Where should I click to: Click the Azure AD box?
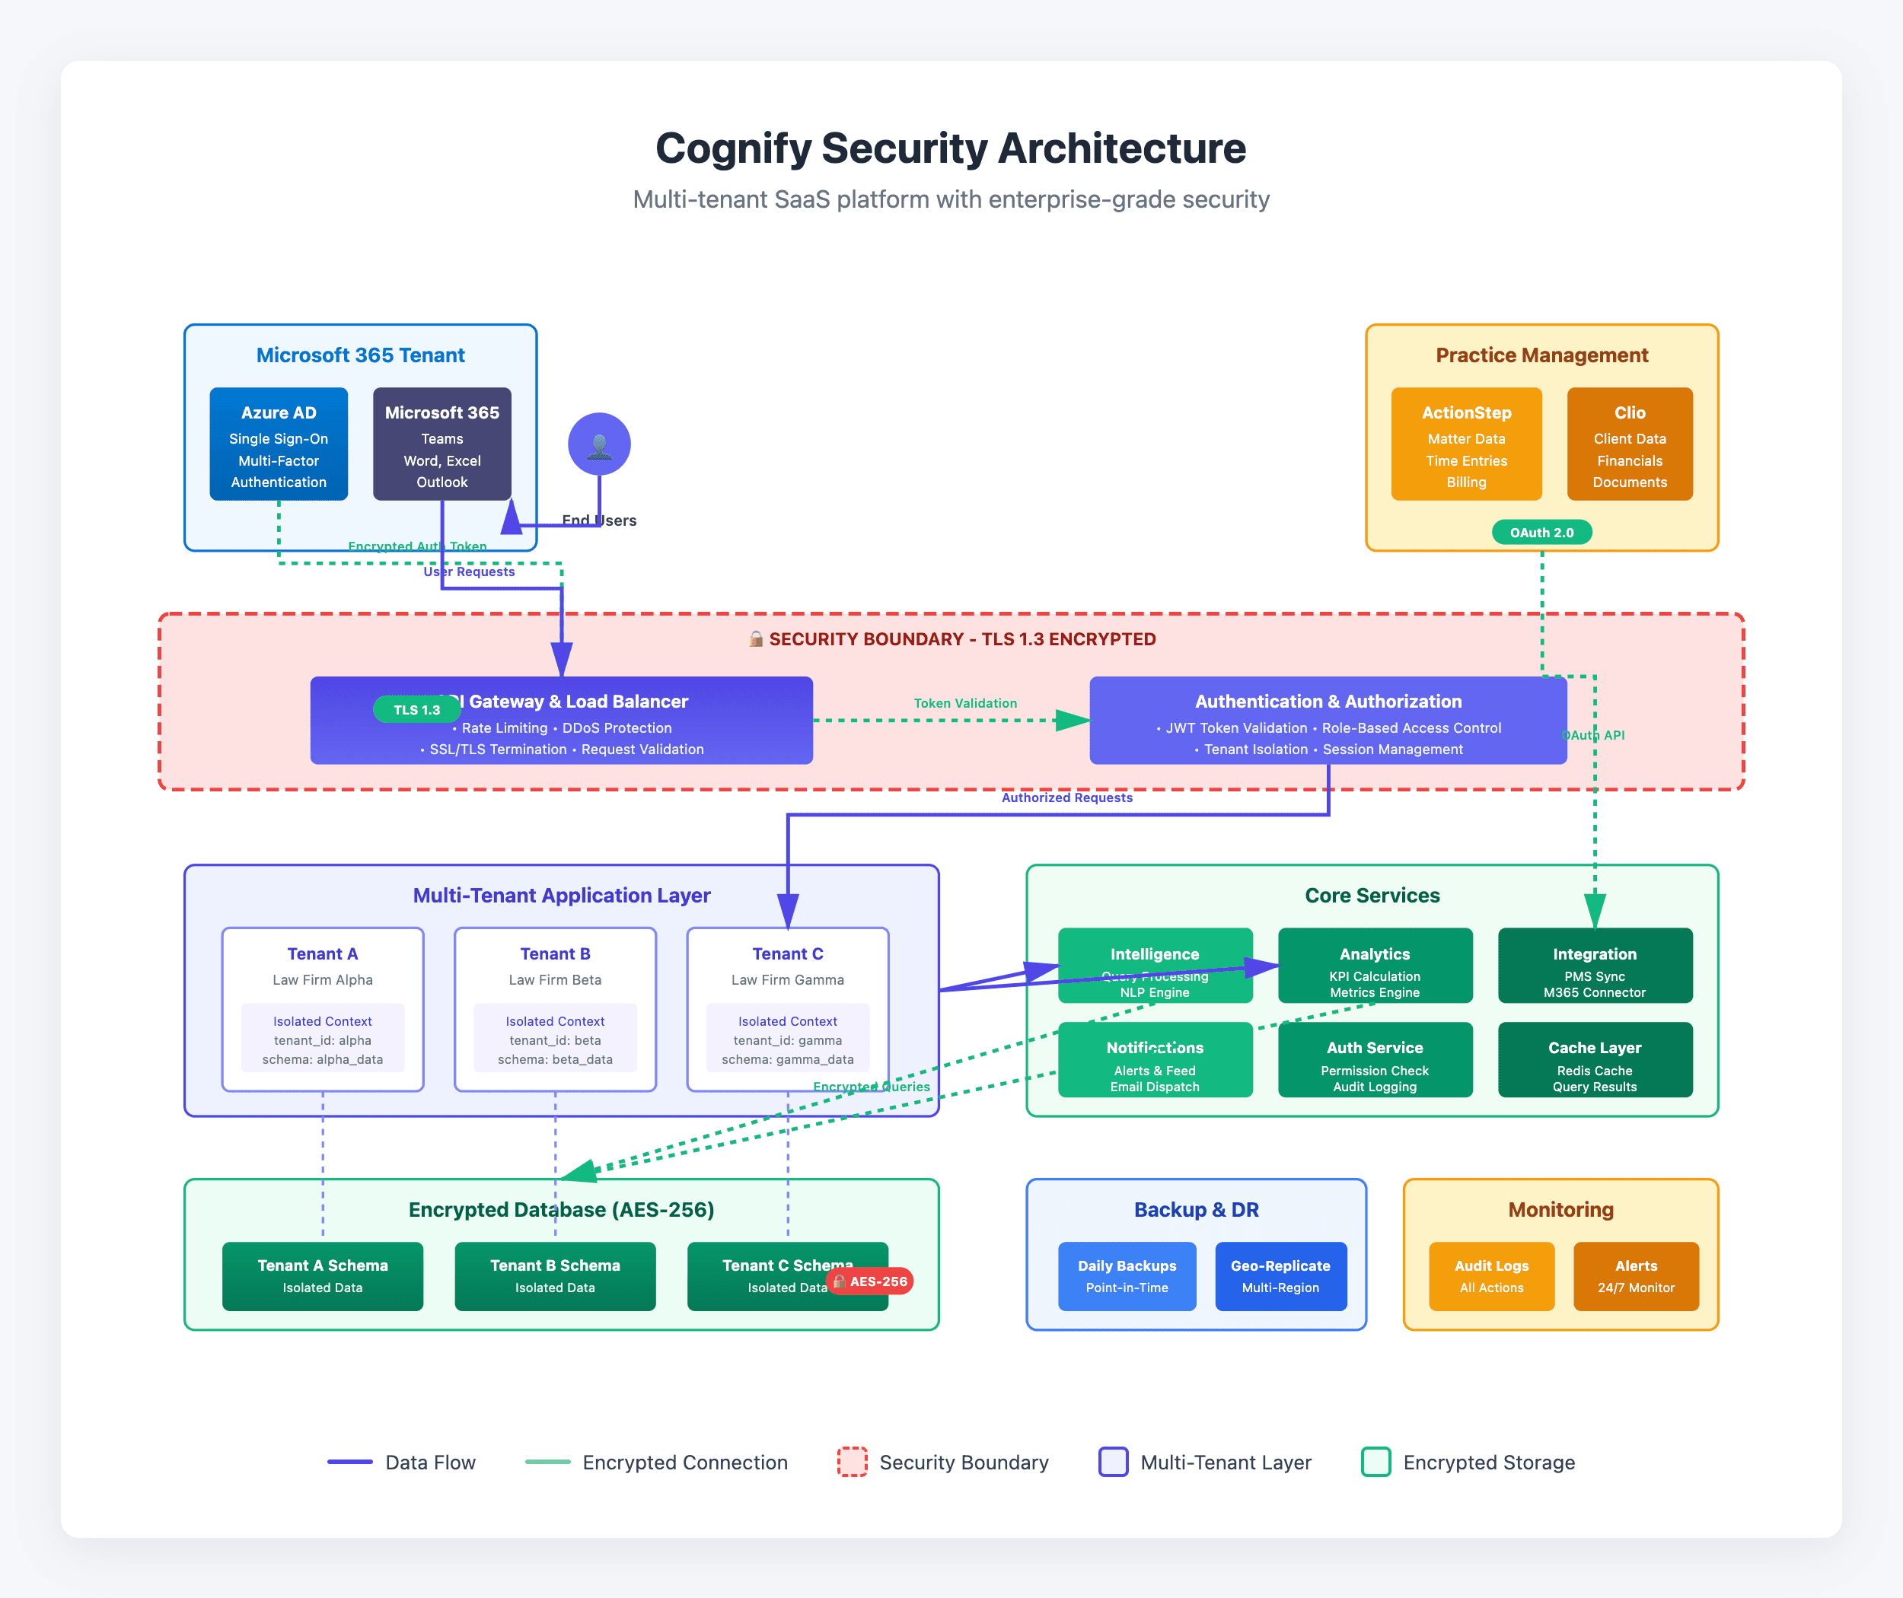[x=278, y=444]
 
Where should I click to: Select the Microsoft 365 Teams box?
[x=441, y=444]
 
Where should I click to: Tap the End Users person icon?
[x=599, y=444]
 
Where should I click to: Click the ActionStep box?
[x=1465, y=444]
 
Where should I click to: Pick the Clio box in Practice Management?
[x=1628, y=444]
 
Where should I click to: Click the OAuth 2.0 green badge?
[x=1541, y=533]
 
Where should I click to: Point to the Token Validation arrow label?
[x=964, y=703]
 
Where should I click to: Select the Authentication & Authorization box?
[x=1327, y=720]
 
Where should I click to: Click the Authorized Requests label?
[x=1066, y=797]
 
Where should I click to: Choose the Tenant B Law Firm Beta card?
[x=555, y=1008]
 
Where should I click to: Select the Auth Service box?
[x=1374, y=1059]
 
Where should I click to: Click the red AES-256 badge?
[x=870, y=1281]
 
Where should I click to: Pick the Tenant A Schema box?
[x=322, y=1275]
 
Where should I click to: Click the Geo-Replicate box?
[x=1280, y=1275]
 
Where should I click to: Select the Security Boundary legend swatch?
[x=851, y=1461]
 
